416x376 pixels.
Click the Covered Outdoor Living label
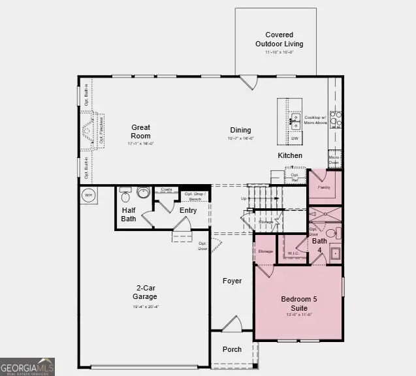coord(279,39)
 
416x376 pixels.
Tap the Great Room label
coord(140,132)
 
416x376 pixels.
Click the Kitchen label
coord(290,155)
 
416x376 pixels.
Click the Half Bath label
coord(129,214)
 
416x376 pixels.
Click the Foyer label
coord(232,281)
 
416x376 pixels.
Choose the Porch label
coord(232,349)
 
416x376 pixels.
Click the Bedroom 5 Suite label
coord(298,303)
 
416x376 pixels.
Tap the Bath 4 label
coord(319,245)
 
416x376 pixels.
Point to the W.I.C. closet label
coord(293,253)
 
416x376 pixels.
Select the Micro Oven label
coord(334,160)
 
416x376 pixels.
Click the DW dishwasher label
coord(295,138)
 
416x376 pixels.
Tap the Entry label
coord(188,210)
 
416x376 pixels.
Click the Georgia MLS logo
coord(27,367)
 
